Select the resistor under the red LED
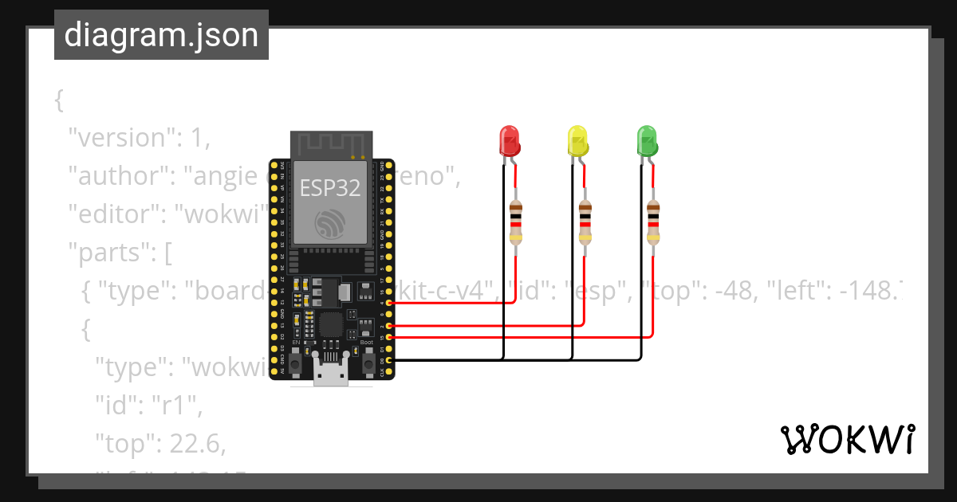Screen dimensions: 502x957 click(x=516, y=222)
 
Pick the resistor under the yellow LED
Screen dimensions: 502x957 click(x=585, y=222)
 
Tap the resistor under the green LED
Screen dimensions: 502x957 click(x=653, y=222)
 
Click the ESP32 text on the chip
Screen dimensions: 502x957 click(x=329, y=188)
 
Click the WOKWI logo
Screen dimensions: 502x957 click(x=847, y=439)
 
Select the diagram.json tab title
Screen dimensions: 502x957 click(x=161, y=35)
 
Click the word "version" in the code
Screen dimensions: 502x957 click(x=120, y=138)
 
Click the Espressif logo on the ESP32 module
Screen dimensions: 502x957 click(x=329, y=224)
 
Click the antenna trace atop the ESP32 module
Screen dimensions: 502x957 click(x=330, y=145)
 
